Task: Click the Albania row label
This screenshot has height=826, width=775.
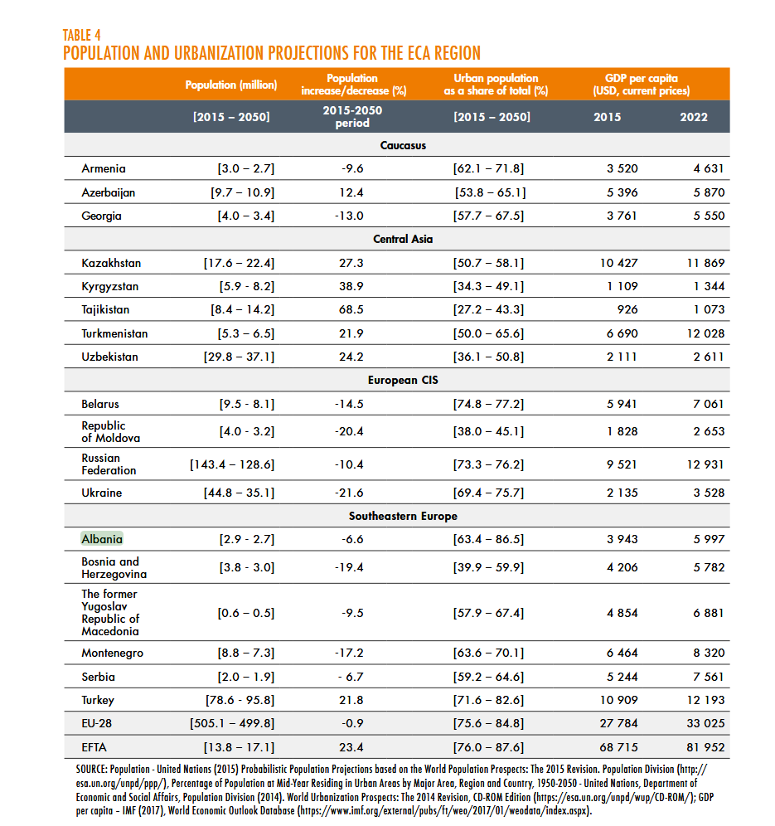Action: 102,539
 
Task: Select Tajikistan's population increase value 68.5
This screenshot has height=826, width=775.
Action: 352,309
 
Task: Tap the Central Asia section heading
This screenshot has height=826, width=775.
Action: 403,239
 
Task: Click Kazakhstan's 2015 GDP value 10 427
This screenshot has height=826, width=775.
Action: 619,263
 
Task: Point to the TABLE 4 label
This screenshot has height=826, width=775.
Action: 81,35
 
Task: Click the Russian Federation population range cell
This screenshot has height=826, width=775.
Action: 232,464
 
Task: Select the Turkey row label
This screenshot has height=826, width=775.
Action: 98,700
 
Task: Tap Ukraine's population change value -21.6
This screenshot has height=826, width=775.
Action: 352,493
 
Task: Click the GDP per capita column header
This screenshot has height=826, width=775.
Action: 641,85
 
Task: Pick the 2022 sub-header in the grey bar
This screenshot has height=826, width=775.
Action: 694,117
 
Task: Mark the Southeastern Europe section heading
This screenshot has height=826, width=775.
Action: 403,516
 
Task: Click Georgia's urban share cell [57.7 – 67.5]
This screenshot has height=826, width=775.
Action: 488,216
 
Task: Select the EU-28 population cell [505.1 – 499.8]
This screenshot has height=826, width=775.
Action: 232,723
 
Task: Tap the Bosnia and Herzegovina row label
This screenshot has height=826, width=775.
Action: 114,567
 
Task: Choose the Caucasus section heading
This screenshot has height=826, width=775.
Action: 403,145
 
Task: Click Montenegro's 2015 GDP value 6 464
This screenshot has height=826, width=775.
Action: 619,653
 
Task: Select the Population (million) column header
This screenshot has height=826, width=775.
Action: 231,85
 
